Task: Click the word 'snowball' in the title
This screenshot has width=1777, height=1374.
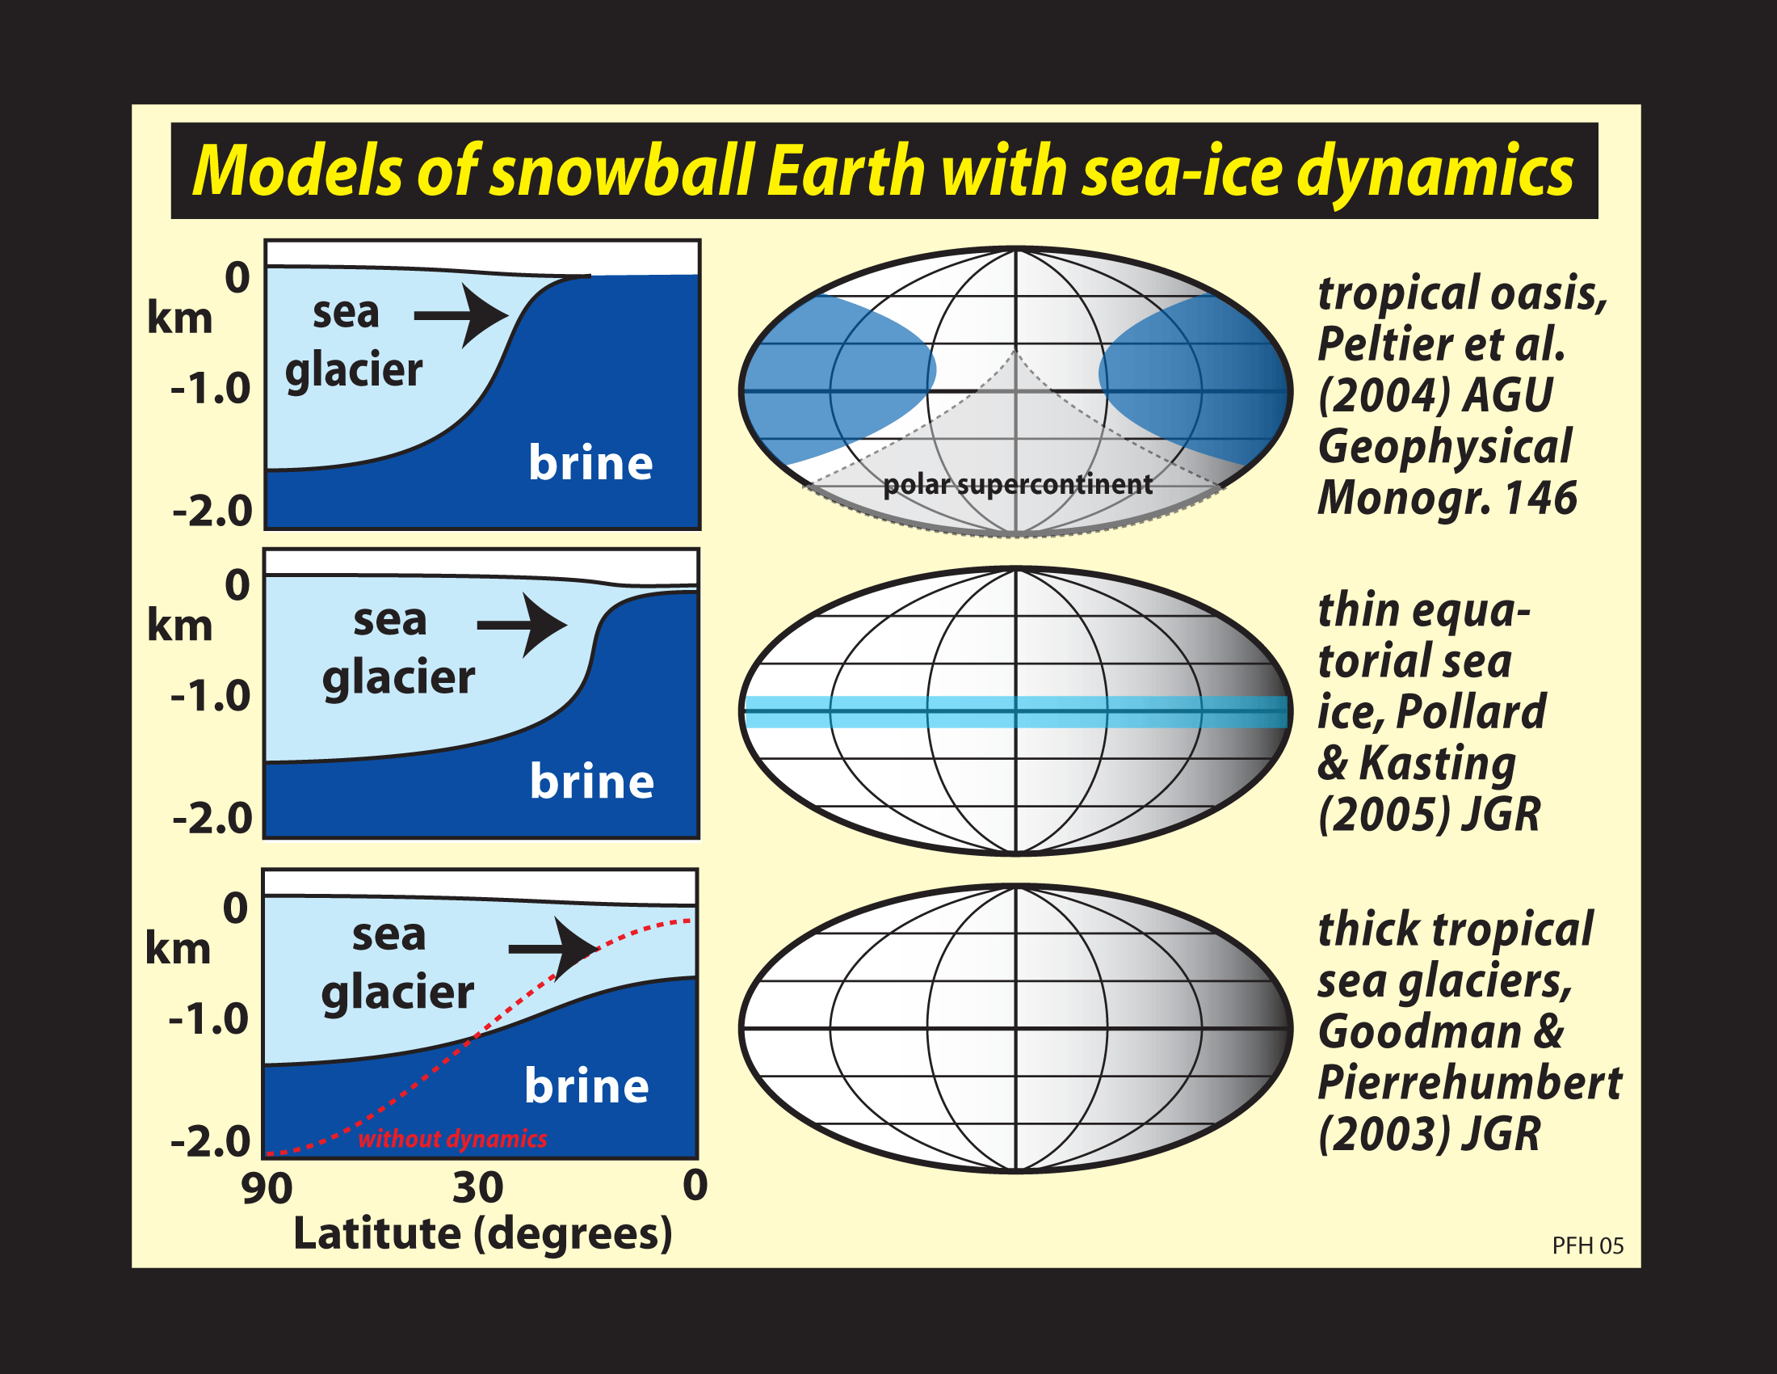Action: point(621,171)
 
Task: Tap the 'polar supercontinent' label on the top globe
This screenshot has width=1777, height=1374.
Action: point(1018,484)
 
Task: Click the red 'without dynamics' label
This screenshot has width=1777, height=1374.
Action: point(452,1138)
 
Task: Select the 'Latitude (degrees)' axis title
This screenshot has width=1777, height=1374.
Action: point(482,1234)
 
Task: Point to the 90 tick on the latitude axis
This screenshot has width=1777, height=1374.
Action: point(267,1188)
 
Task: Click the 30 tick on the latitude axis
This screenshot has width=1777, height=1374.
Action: point(477,1186)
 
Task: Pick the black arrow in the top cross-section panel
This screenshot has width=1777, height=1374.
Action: point(461,315)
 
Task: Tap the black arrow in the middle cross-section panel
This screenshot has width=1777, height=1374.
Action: point(523,625)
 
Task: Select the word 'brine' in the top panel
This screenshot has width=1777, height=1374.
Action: point(590,462)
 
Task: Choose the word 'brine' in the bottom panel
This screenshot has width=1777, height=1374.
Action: point(586,1085)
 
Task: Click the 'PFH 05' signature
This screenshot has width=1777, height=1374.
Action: point(1587,1245)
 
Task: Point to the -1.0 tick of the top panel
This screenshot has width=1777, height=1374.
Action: point(211,388)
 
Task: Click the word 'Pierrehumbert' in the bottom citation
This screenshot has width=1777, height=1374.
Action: point(1469,1082)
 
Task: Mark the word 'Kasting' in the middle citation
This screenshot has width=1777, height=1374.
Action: point(1438,764)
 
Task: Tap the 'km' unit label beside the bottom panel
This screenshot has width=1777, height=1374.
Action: point(179,948)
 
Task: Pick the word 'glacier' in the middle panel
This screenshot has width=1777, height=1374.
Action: point(399,677)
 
